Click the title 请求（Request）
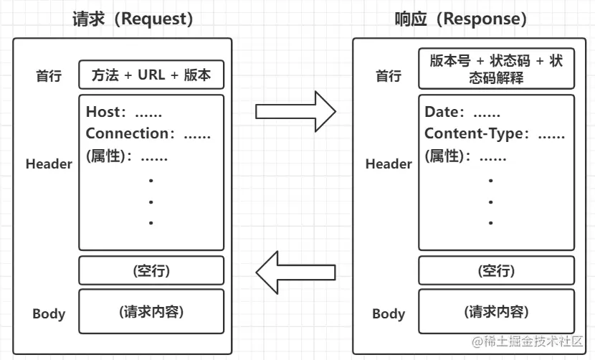pyautogui.click(x=133, y=19)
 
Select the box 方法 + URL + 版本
pyautogui.click(x=151, y=75)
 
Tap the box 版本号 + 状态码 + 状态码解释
pyautogui.click(x=496, y=69)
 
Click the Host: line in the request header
pyautogui.click(x=124, y=112)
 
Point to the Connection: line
pyautogui.click(x=153, y=133)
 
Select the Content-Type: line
pyautogui.click(x=495, y=133)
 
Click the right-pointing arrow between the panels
pyautogui.click(x=295, y=111)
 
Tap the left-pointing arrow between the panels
pyautogui.click(x=295, y=272)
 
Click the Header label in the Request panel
pyautogui.click(x=49, y=164)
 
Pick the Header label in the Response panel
pyautogui.click(x=389, y=164)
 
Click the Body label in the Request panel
pyautogui.click(x=49, y=313)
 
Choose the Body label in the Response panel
pyautogui.click(x=389, y=313)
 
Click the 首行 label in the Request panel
pyautogui.click(x=49, y=76)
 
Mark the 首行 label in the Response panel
pyautogui.click(x=389, y=76)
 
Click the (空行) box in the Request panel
pyautogui.click(x=151, y=270)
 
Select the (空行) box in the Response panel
pyautogui.click(x=496, y=270)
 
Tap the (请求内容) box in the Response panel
pyautogui.click(x=496, y=312)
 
